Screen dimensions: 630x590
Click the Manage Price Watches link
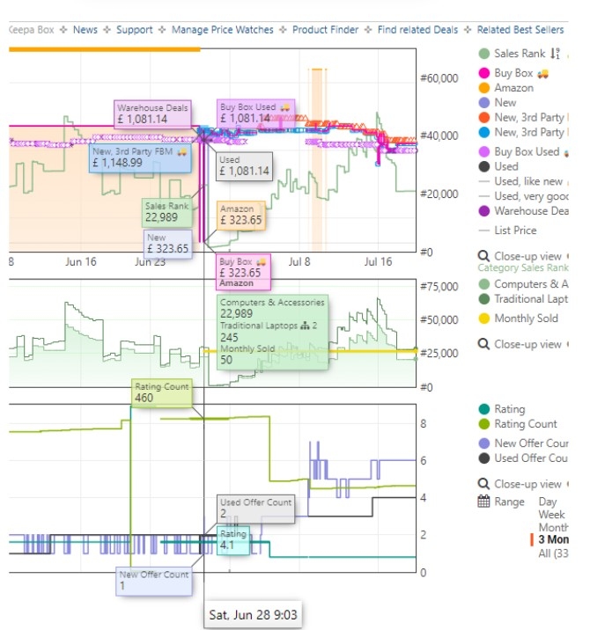(222, 30)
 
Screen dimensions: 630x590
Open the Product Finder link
(325, 30)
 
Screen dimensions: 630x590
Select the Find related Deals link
(417, 30)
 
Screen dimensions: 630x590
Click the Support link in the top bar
(134, 30)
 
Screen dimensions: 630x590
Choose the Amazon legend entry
(513, 88)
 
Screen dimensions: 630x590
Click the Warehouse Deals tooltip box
(152, 114)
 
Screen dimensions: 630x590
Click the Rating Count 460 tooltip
(161, 392)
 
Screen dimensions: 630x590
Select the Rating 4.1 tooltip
(233, 539)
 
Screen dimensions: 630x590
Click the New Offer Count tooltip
(153, 580)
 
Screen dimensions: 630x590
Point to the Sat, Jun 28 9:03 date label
(254, 613)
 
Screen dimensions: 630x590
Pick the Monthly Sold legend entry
(526, 319)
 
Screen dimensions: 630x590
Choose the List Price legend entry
(515, 231)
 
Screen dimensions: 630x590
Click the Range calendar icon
(483, 502)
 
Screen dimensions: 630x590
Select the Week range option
(552, 514)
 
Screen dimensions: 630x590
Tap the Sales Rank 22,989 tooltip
(167, 212)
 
